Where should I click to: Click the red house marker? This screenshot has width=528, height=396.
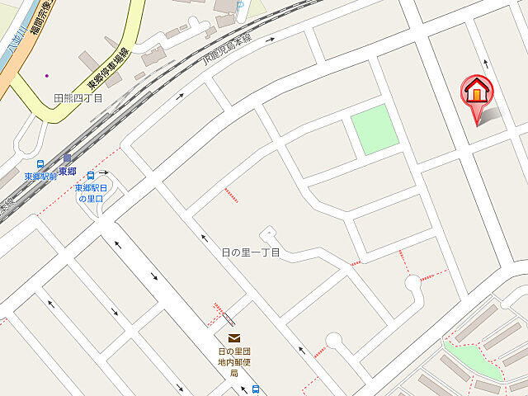476,92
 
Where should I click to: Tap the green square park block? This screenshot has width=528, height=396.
374,129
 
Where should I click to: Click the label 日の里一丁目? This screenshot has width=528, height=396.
252,252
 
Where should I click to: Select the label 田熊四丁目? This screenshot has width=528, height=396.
78,98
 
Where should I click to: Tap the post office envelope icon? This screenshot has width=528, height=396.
235,337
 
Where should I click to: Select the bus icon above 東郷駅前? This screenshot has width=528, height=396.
40,164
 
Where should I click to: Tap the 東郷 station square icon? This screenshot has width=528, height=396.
67,158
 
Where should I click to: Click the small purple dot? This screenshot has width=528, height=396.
47,75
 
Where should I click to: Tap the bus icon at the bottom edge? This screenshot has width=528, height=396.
256,389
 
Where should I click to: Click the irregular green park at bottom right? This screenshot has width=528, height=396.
472,359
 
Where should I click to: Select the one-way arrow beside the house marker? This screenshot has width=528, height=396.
485,63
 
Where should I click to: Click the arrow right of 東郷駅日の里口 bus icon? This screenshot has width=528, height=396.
106,173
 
